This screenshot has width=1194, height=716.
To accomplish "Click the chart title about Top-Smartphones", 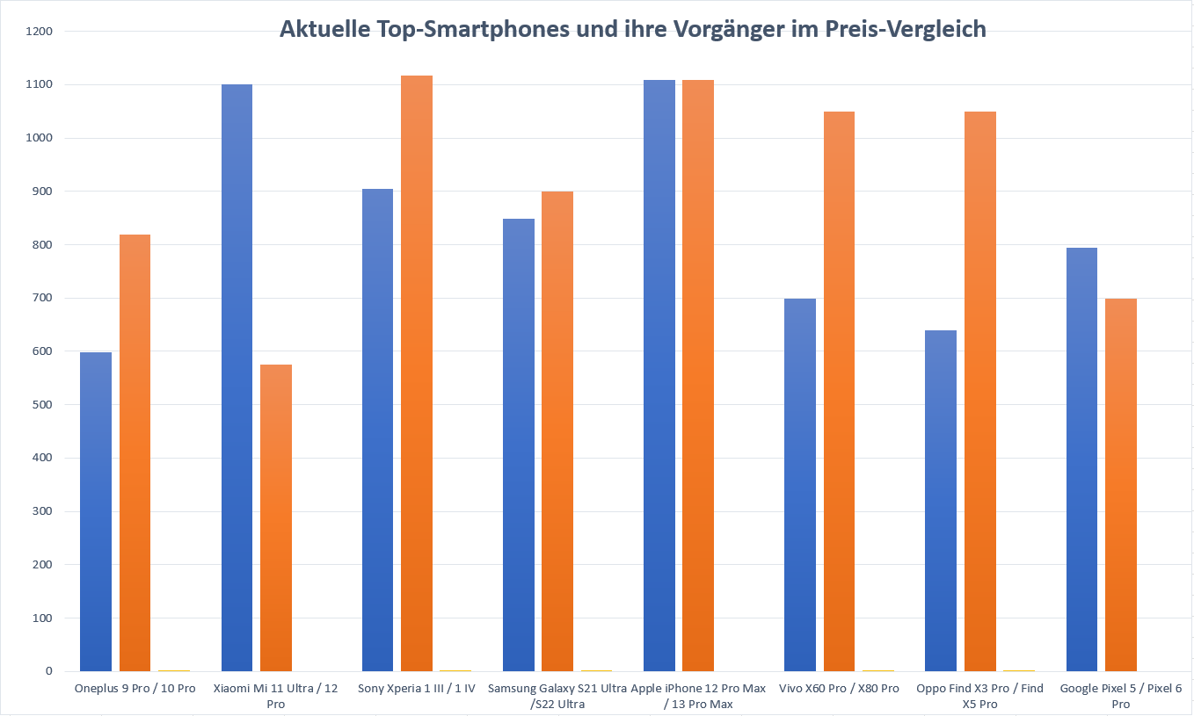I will point(632,29).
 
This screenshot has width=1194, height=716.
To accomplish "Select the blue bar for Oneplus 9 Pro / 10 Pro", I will point(96,511).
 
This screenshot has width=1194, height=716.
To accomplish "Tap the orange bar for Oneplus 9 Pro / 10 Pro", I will point(135,452).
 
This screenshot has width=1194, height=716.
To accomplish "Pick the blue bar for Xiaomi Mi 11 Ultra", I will point(237,378).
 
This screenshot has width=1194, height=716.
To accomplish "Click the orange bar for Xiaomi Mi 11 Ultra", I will point(276,517).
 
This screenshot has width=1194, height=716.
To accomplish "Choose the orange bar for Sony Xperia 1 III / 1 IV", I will point(417,373).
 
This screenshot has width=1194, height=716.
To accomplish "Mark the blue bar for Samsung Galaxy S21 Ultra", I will point(519,445).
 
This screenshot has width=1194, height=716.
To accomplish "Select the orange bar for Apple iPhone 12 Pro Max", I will point(698,375).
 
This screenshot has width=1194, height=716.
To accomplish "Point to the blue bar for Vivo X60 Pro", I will point(800,485).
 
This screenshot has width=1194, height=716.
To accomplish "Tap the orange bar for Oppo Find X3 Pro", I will point(980,391).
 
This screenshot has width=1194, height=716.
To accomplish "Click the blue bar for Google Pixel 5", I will point(1081,459).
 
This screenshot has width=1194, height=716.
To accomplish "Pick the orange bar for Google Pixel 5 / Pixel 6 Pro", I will point(1121,485).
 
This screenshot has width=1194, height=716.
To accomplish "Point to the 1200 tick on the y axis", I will point(40,32).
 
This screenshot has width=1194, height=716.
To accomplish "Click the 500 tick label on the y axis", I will point(43,405).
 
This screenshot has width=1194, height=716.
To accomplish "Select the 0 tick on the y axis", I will point(49,671).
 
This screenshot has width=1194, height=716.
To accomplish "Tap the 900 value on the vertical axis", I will point(43,192).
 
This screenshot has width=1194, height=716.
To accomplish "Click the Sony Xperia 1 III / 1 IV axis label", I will point(417,689).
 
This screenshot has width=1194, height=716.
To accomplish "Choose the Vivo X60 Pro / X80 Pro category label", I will point(839,689).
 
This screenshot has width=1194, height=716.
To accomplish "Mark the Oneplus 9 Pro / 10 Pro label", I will point(135,689).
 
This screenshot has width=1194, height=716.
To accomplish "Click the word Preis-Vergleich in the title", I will point(905,29).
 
